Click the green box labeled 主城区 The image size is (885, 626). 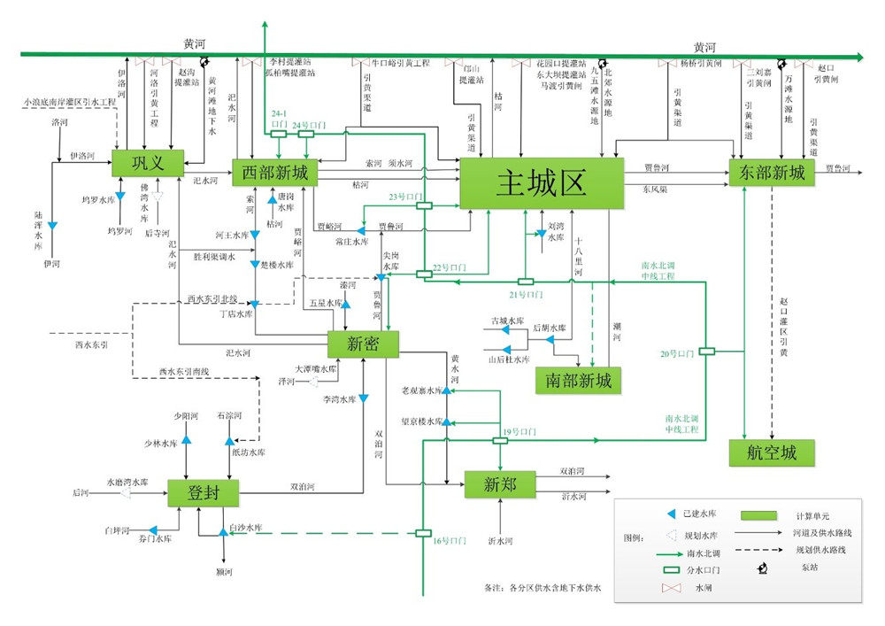(542, 183)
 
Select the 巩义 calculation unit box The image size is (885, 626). (147, 162)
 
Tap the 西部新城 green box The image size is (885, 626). (274, 173)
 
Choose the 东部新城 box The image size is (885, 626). (771, 173)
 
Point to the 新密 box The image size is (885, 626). (363, 344)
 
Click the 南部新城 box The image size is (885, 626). (579, 380)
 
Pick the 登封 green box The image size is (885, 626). (204, 492)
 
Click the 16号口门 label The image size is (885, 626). (450, 539)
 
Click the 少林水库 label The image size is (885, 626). (162, 443)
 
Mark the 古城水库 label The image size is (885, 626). (508, 320)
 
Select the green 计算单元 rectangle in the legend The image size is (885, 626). (758, 515)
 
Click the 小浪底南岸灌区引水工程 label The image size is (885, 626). (71, 104)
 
